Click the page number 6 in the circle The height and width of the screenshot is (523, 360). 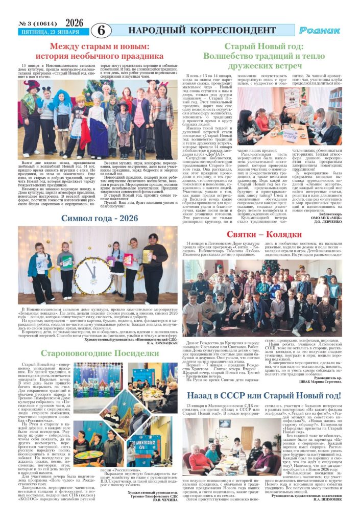[x=101, y=30]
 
